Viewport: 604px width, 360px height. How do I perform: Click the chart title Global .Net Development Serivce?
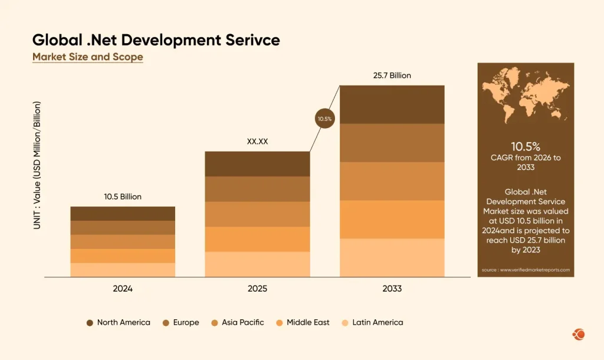point(156,40)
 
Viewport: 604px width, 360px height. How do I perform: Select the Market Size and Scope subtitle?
point(87,57)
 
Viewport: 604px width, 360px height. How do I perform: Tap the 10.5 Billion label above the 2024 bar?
point(123,197)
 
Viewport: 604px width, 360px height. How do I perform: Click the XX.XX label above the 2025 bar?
point(257,142)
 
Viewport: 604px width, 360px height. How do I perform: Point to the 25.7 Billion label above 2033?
point(392,76)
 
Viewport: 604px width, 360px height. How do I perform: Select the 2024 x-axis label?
point(123,289)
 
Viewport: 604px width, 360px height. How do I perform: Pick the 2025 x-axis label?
point(257,289)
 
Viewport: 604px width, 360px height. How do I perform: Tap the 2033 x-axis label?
point(392,289)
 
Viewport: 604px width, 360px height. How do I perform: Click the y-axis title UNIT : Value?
point(37,165)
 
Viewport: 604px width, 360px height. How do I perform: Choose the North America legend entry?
point(118,322)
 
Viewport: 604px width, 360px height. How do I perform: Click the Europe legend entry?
point(181,322)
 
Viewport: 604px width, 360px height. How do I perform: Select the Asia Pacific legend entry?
point(238,322)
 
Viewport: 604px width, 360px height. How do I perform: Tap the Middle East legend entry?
point(303,322)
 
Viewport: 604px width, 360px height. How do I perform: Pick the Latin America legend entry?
point(372,322)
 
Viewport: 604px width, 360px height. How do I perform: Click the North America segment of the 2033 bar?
point(392,104)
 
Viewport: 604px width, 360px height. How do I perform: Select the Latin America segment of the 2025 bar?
point(257,264)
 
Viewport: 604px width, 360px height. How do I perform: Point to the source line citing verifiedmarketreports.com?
point(526,270)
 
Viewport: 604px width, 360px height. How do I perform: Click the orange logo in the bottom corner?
point(579,335)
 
